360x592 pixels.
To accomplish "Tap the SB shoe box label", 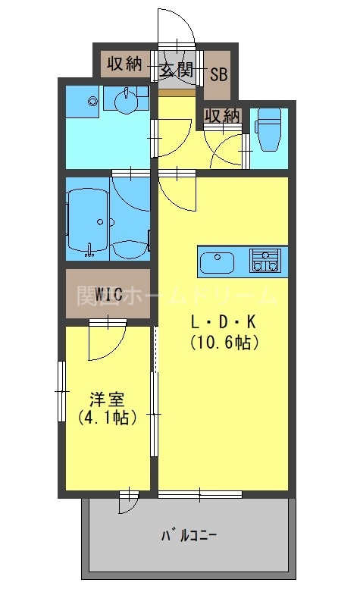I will (x=218, y=74).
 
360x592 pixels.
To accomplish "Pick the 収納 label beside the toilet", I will (x=222, y=116).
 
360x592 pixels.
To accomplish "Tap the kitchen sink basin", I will (x=218, y=263).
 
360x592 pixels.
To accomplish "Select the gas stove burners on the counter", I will (x=266, y=262).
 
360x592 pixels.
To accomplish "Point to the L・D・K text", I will (x=224, y=322).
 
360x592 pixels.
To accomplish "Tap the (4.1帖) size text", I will (x=107, y=417).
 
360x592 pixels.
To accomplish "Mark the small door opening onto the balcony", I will (x=129, y=502).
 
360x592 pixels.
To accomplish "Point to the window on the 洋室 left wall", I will (x=63, y=391).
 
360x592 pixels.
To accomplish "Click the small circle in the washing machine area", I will (x=92, y=101).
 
